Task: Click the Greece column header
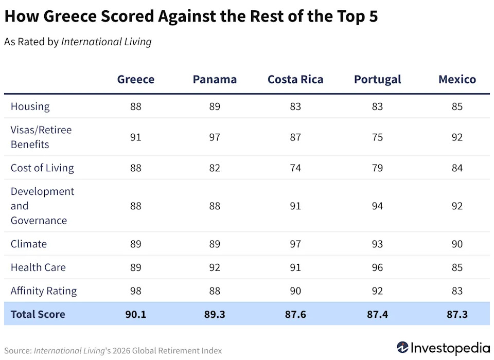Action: (136, 79)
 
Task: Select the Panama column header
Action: (215, 79)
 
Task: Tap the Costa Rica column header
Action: (295, 79)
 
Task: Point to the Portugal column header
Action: (377, 79)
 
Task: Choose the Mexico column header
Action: (457, 79)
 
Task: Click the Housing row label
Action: (30, 106)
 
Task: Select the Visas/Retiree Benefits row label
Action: (41, 137)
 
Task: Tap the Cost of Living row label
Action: (42, 168)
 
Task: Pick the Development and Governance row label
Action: (42, 206)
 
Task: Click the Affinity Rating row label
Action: (44, 291)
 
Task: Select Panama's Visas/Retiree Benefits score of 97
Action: (215, 137)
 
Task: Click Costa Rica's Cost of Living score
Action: (295, 168)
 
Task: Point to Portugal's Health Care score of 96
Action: (377, 267)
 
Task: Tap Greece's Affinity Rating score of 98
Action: (136, 291)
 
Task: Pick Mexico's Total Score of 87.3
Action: (457, 314)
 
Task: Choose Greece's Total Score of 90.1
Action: (136, 314)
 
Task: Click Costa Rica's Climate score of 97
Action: (295, 244)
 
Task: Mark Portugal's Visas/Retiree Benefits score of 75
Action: (377, 137)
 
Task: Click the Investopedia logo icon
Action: (402, 347)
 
